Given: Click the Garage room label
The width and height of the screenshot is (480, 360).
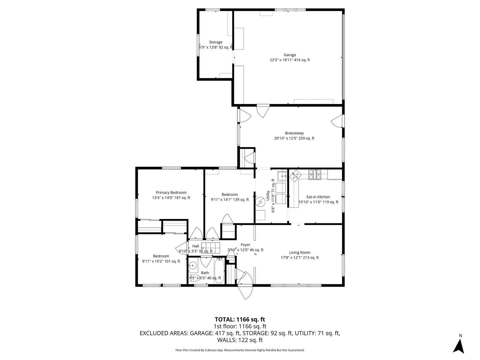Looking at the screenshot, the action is pos(290,55).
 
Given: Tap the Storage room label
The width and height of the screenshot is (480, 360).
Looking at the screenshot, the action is pos(216,42).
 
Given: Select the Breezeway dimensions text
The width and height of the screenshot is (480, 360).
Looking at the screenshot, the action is pos(294,138).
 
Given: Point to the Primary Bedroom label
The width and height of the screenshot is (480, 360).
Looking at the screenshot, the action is pos(171,193).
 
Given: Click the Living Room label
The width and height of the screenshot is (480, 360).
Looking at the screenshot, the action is pos(300,252).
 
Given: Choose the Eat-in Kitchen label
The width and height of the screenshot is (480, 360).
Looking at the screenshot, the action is pos(318,197).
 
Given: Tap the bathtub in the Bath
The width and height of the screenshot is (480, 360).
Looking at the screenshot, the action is pos(219,271).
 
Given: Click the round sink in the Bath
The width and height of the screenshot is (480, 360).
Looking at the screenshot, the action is pos(193,266).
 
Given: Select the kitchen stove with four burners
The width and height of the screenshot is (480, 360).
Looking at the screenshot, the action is pos(315,174).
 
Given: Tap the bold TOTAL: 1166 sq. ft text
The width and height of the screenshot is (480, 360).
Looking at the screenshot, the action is pos(240,320).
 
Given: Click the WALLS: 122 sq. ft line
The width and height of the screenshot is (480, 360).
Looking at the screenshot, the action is pos(240,340).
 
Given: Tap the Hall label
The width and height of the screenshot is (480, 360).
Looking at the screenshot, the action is pos(195,246).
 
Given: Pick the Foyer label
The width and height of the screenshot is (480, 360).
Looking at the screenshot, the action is pos(245,245).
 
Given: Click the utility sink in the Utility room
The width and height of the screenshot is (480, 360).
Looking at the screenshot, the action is pos(282,176).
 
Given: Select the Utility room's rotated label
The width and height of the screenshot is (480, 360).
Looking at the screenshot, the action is pos(270,196).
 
